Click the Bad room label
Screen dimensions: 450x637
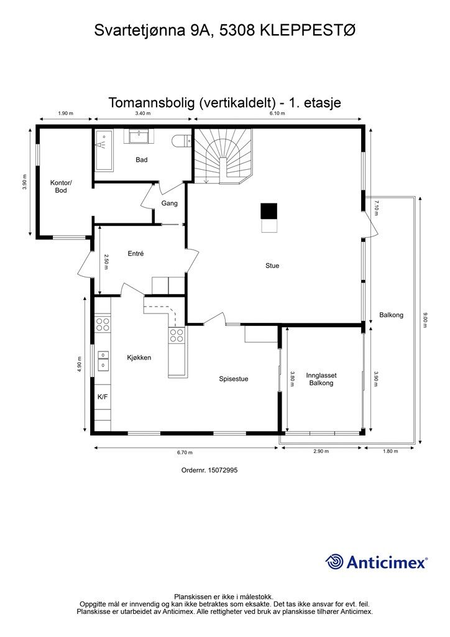141,160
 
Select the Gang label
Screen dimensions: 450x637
169,203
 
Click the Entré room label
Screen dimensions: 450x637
135,254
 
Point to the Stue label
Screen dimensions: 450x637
272,266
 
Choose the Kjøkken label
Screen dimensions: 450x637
139,358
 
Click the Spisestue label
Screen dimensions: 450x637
234,379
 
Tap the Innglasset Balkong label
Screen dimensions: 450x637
321,379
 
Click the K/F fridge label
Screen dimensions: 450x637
103,397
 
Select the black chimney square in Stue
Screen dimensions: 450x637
269,212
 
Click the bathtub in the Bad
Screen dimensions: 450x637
104,151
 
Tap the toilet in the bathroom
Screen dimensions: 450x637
181,141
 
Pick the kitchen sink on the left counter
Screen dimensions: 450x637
103,361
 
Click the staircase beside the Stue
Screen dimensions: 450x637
223,156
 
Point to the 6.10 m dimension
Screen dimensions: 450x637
277,113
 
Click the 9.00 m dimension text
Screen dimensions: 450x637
425,320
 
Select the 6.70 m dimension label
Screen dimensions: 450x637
185,452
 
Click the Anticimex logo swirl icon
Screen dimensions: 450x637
334,562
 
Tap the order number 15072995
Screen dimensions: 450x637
223,470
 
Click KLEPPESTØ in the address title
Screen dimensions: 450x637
308,30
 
